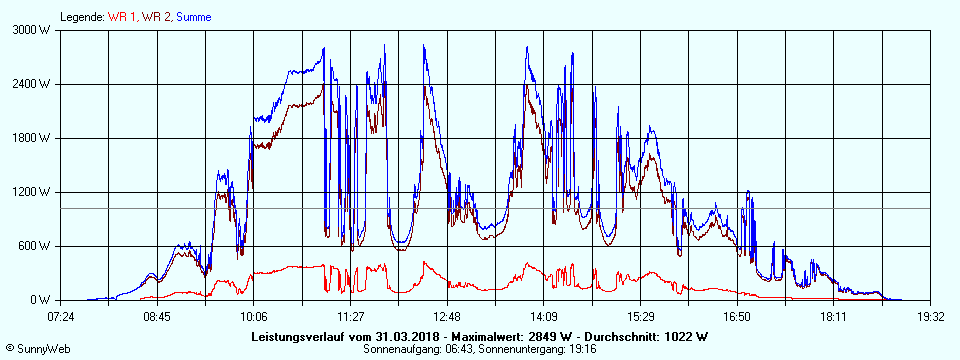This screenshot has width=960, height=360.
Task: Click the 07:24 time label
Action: (x=61, y=316)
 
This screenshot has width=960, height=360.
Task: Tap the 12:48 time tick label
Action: (x=447, y=316)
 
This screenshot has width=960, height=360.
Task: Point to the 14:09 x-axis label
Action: (x=543, y=316)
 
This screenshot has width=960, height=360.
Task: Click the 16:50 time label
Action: (x=737, y=316)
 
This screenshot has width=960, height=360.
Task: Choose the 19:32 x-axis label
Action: (x=930, y=316)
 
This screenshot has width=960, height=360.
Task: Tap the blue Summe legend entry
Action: (x=193, y=17)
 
